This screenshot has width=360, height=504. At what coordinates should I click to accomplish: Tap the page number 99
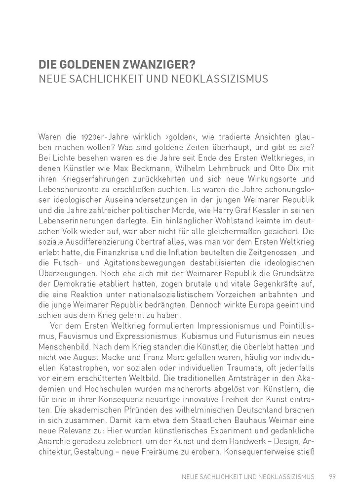click(x=332, y=477)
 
